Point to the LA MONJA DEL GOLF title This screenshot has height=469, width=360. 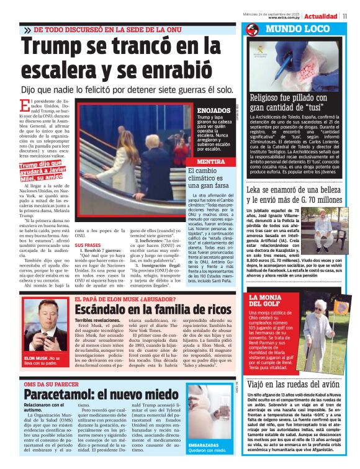click(267, 302)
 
